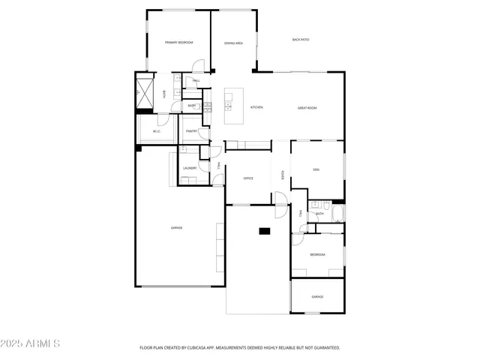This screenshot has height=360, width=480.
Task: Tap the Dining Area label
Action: point(233,43)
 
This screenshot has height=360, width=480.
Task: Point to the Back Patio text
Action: point(301,39)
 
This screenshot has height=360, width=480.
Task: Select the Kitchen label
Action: point(256,108)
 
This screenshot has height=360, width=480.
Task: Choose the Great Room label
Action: point(307,108)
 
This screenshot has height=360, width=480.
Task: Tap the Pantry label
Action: point(191,130)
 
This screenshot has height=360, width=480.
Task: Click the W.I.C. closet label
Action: point(157,132)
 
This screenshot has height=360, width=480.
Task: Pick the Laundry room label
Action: point(190,168)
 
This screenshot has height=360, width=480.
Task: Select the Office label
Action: point(248,178)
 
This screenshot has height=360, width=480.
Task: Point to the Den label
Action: point(316,168)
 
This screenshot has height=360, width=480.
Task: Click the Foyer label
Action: point(282,175)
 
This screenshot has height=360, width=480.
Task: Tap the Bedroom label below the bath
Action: point(317,255)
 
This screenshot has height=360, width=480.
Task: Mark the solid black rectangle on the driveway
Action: point(265,231)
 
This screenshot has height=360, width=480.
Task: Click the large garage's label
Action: point(177,228)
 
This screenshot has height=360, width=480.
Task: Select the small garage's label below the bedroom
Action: point(317,297)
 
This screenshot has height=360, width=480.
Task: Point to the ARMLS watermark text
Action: point(31,343)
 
